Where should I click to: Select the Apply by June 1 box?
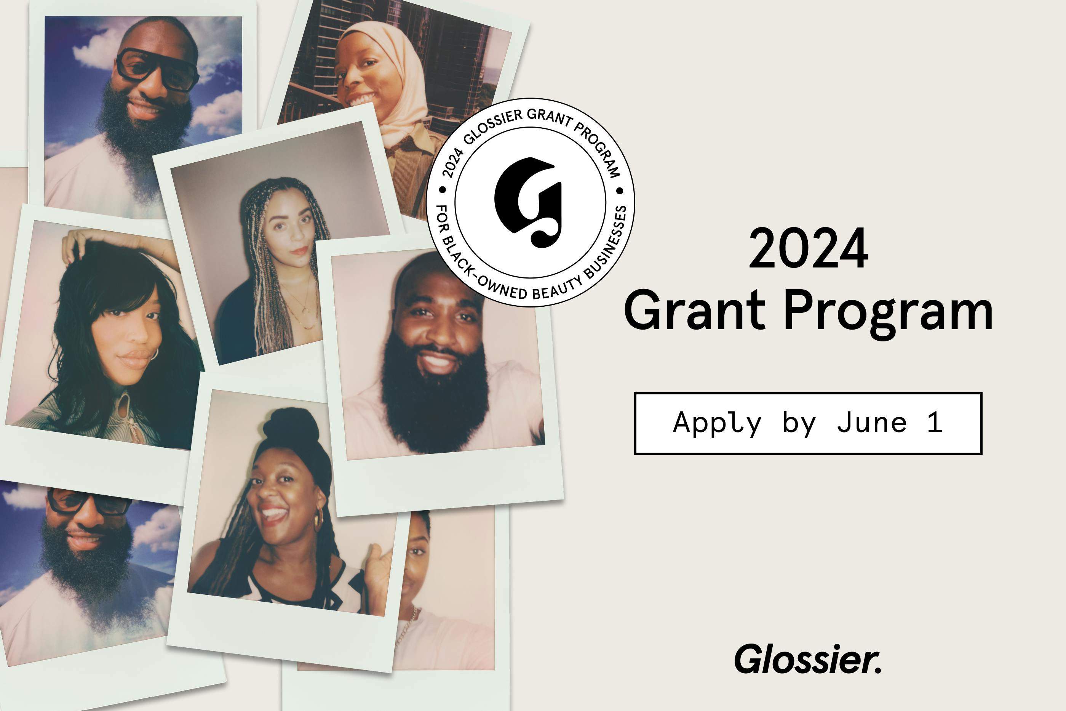(808, 423)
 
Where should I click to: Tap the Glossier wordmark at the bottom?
(808, 659)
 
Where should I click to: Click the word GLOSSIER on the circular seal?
(494, 125)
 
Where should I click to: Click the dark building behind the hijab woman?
(453, 59)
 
